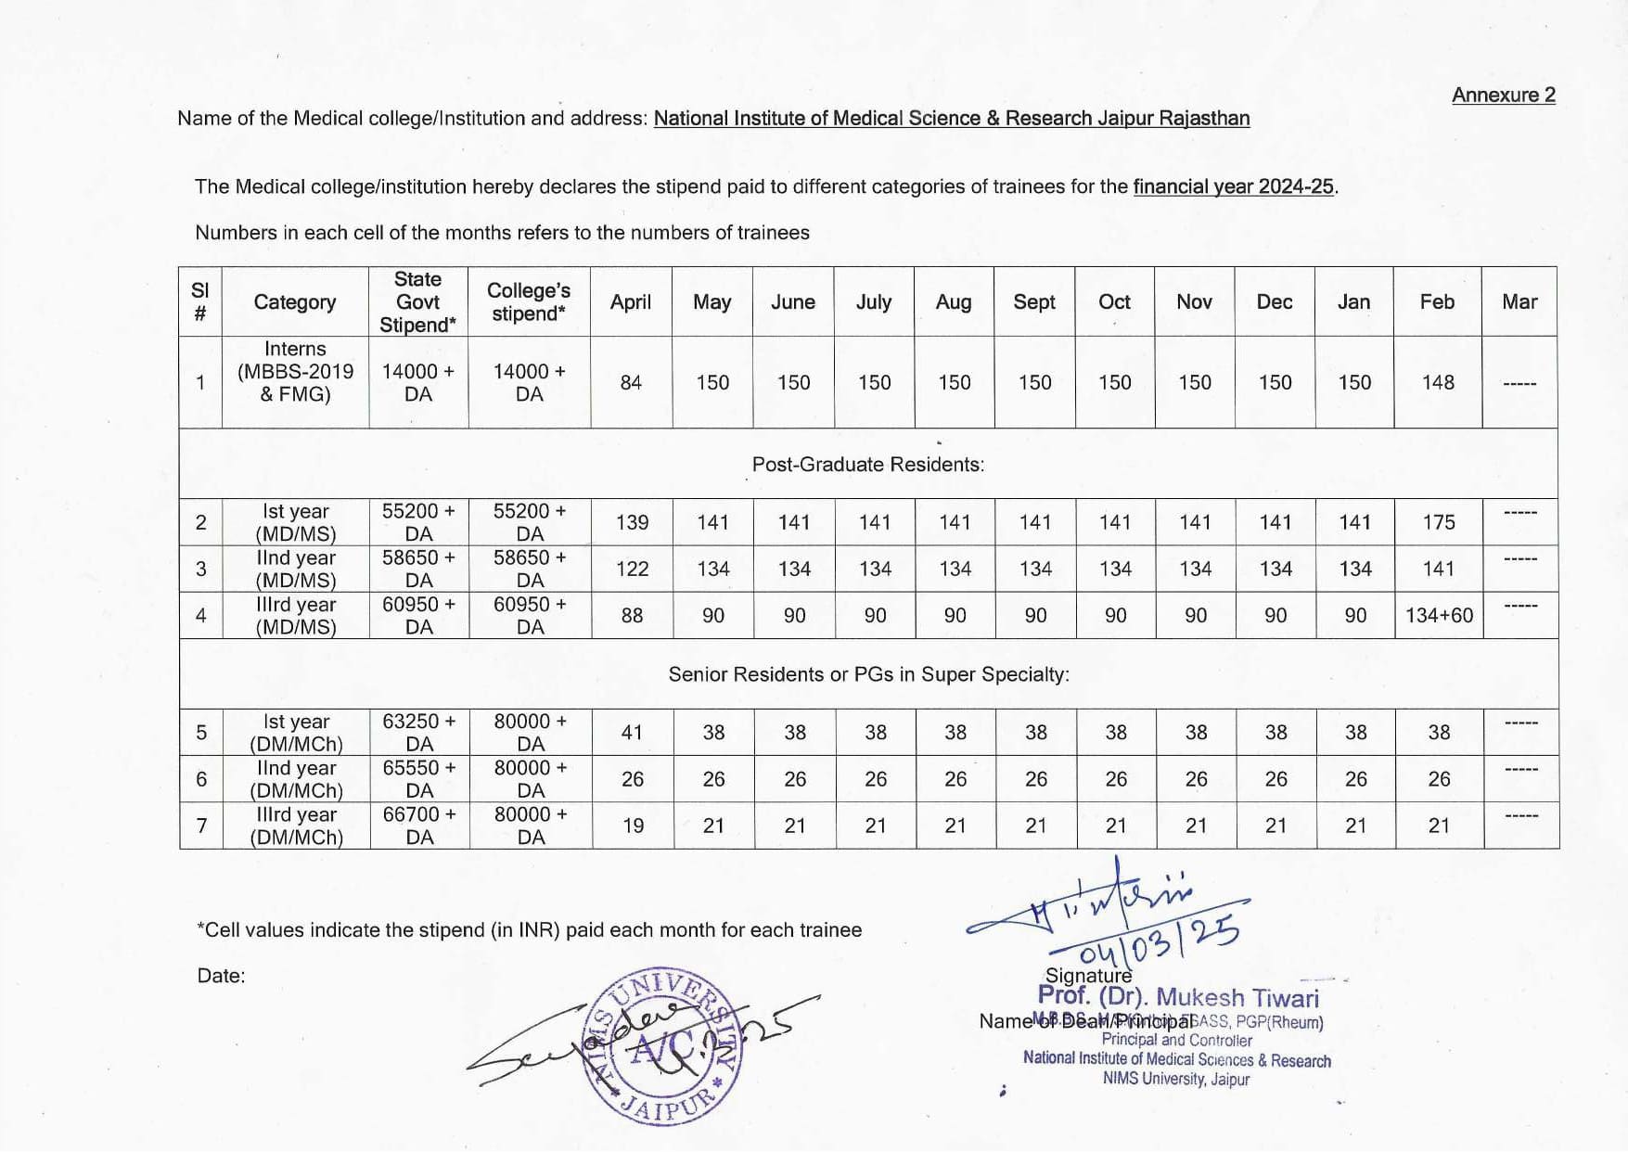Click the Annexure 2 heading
(1503, 96)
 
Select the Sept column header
(1033, 302)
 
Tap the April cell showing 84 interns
(631, 382)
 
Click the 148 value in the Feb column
(1438, 382)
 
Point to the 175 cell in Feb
(1438, 522)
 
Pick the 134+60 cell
(1439, 615)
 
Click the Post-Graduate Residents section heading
(867, 464)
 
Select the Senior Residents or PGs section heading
(868, 674)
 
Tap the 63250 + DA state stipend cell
(419, 732)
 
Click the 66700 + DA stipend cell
(419, 825)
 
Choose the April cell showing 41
(632, 732)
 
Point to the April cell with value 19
(633, 825)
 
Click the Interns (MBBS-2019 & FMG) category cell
(295, 371)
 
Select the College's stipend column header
(529, 302)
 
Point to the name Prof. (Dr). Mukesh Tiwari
(1178, 997)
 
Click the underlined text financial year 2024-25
(1233, 186)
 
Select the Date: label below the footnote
(221, 976)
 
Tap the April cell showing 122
(632, 569)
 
